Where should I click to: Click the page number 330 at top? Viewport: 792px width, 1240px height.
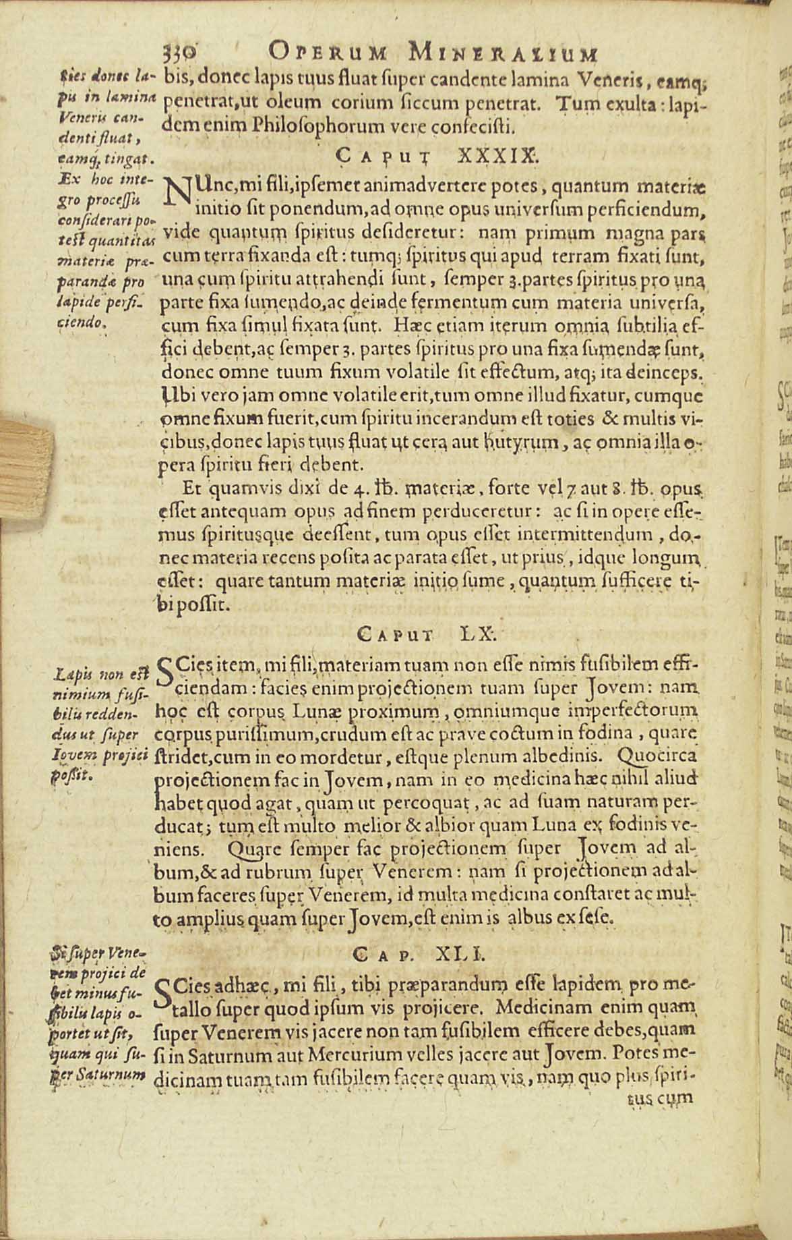click(179, 52)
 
